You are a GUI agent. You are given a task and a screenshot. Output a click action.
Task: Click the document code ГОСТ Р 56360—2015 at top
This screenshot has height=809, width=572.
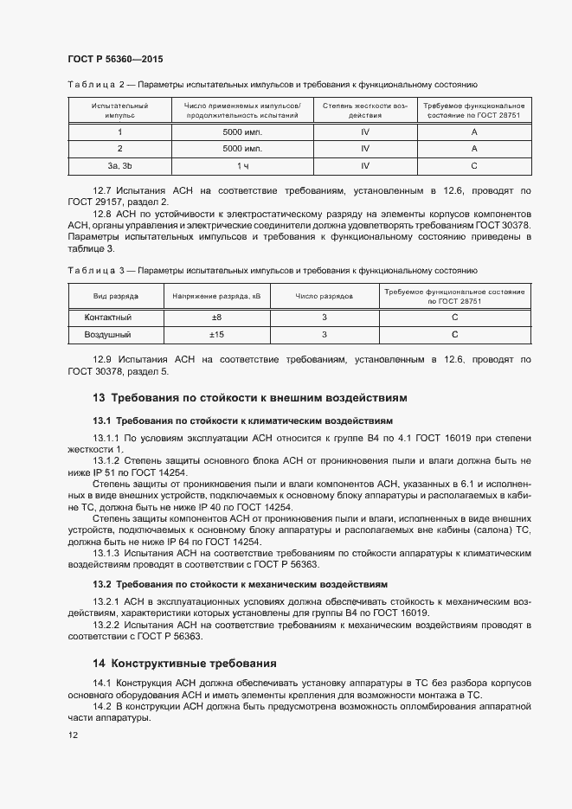(115, 60)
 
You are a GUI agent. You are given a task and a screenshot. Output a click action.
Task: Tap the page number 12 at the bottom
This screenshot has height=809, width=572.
(73, 735)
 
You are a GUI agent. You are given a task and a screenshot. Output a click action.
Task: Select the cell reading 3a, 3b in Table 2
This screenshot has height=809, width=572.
(119, 164)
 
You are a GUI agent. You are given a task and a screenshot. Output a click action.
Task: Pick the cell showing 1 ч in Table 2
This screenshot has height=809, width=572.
(242, 164)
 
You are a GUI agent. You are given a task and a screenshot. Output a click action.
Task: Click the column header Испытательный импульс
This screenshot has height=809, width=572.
(119, 109)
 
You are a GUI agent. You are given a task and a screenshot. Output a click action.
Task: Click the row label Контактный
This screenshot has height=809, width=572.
(107, 318)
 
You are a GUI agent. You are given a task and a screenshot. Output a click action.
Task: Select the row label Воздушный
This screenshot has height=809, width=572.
(107, 334)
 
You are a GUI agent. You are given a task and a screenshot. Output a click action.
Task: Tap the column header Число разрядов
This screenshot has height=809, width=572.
(324, 296)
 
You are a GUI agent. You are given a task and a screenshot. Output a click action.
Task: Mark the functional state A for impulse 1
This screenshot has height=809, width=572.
(474, 132)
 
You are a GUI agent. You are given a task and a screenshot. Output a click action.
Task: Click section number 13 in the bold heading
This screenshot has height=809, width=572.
(99, 398)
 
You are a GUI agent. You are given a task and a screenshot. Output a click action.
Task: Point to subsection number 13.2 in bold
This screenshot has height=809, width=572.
(102, 584)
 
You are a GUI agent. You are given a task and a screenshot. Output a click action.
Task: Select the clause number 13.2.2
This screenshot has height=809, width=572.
(107, 624)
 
